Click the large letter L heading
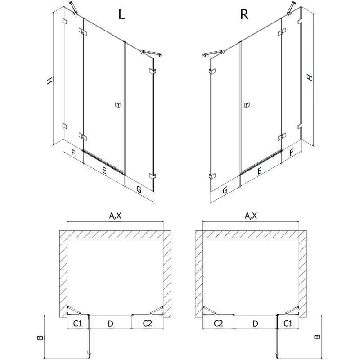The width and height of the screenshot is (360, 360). tap(121, 14)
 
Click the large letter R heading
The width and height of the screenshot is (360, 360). tap(244, 14)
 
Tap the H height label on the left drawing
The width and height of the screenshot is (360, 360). tap(49, 81)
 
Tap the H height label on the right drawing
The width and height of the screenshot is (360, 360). tap(310, 77)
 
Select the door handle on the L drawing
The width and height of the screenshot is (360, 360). tap(118, 105)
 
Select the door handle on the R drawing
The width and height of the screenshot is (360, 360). tap(247, 105)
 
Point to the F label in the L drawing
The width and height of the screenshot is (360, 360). tap(73, 153)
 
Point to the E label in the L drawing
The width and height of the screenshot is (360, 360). tap(104, 171)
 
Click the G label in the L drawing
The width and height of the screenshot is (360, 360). tap(139, 189)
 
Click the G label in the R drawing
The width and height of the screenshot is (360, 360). tap(225, 190)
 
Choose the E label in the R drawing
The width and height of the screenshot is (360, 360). tap(260, 171)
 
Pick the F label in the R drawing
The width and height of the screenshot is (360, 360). tap(292, 153)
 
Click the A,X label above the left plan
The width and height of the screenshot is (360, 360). tap(115, 216)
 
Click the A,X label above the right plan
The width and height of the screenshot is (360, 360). tap(251, 216)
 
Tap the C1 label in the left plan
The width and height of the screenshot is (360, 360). tap(77, 324)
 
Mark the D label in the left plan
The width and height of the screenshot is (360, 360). tap(110, 324)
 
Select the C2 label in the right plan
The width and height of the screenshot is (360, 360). tap(218, 324)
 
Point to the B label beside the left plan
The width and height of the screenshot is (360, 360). tap(40, 337)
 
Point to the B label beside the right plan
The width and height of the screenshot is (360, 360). tap(317, 337)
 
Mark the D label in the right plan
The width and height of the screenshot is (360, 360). tap(255, 324)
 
